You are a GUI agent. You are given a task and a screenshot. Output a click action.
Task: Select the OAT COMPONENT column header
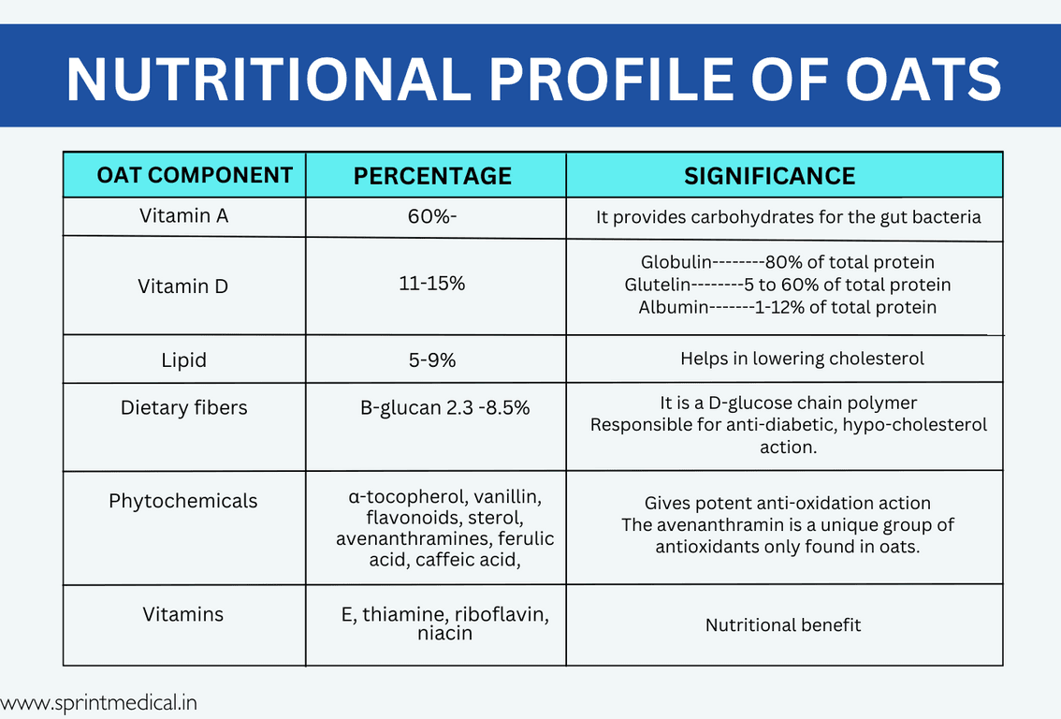pyautogui.click(x=195, y=175)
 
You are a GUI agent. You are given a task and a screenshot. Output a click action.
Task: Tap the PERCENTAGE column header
pyautogui.click(x=432, y=176)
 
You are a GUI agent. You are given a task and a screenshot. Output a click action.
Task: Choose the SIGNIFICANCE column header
pyautogui.click(x=769, y=176)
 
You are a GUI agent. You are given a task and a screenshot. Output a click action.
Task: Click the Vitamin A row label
pyautogui.click(x=183, y=215)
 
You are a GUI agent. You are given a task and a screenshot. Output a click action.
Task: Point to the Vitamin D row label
pyautogui.click(x=183, y=286)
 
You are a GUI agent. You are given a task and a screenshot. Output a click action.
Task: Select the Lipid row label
pyautogui.click(x=183, y=359)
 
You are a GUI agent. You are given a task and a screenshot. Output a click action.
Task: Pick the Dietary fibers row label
pyautogui.click(x=183, y=408)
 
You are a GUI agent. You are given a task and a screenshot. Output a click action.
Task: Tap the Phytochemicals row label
pyautogui.click(x=183, y=501)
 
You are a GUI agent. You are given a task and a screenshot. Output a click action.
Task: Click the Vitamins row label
pyautogui.click(x=183, y=614)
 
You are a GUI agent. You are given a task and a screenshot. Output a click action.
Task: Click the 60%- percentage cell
pyautogui.click(x=432, y=216)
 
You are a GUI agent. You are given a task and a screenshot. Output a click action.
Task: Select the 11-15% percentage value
pyautogui.click(x=432, y=283)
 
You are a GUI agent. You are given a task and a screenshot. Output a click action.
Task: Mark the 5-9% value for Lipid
pyautogui.click(x=432, y=359)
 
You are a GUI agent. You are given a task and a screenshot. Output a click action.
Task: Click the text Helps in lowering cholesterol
pyautogui.click(x=802, y=359)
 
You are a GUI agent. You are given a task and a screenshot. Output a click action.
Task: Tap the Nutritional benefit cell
pyautogui.click(x=783, y=624)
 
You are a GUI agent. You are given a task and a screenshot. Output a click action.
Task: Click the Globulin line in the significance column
pyautogui.click(x=787, y=262)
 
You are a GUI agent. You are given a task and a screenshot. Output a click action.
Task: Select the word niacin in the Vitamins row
pyautogui.click(x=444, y=634)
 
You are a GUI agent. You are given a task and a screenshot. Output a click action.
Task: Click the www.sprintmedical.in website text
pyautogui.click(x=99, y=701)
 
